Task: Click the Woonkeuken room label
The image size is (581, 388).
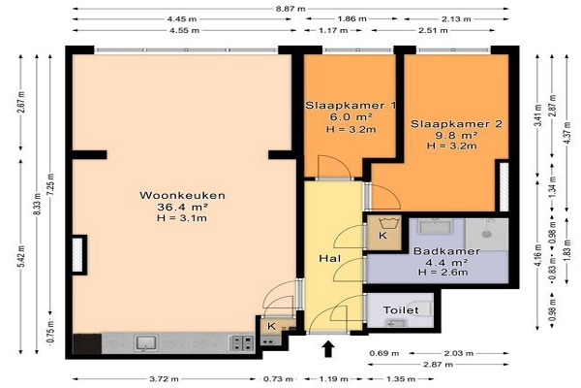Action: pyautogui.click(x=182, y=195)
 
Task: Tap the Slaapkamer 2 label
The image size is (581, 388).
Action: pyautogui.click(x=456, y=123)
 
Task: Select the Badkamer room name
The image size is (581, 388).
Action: pyautogui.click(x=446, y=251)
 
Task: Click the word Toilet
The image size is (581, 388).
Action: pyautogui.click(x=401, y=310)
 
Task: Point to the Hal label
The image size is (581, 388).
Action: pyautogui.click(x=330, y=258)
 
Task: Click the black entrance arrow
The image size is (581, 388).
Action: pyautogui.click(x=328, y=349)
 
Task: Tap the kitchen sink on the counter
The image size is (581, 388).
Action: pyautogui.click(x=146, y=343)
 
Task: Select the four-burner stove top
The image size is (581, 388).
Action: pyautogui.click(x=242, y=343)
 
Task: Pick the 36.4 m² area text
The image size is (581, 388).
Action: pyautogui.click(x=182, y=207)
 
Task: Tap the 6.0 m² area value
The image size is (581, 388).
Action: pyautogui.click(x=351, y=117)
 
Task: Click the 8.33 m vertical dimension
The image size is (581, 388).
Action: pyautogui.click(x=37, y=205)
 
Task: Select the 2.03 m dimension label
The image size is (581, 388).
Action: pyautogui.click(x=458, y=353)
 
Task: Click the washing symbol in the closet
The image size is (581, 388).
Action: pyautogui.click(x=388, y=224)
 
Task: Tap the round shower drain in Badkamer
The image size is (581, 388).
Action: pyautogui.click(x=486, y=235)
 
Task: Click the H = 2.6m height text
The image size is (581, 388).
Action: pyautogui.click(x=443, y=273)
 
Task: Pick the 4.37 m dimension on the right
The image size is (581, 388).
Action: pyautogui.click(x=566, y=133)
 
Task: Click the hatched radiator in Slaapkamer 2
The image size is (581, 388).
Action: pyautogui.click(x=504, y=187)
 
